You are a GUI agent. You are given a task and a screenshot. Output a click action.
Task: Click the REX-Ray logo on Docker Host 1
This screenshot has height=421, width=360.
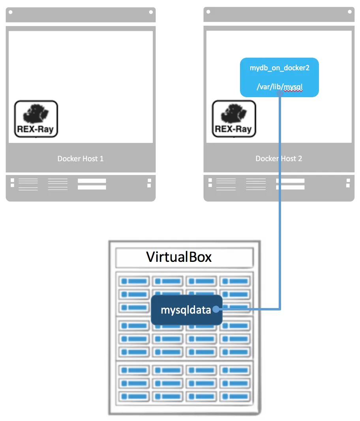36,119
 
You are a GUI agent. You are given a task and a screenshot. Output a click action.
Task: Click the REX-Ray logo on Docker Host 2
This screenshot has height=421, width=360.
234,119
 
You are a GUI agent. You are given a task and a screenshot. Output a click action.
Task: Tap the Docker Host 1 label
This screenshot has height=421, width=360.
81,159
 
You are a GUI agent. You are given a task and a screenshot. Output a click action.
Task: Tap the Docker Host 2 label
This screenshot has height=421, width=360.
279,159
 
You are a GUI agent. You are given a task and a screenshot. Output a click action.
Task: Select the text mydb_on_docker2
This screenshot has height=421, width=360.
279,68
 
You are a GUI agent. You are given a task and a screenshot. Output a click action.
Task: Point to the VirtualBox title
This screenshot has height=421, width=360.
179,257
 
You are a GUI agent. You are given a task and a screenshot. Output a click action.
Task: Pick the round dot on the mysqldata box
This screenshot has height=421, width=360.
216,310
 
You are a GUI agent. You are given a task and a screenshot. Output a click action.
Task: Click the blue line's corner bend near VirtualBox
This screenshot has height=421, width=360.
280,310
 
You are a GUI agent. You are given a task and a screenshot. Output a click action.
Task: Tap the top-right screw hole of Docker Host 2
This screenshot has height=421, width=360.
349,12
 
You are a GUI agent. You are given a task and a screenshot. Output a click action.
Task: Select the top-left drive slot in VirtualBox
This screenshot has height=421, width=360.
134,282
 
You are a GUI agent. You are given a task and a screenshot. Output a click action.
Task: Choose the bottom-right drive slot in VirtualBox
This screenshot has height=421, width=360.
235,396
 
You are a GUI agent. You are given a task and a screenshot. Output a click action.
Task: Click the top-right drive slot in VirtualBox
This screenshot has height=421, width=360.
235,282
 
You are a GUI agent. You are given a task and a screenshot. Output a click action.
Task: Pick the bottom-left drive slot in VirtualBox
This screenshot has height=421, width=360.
134,396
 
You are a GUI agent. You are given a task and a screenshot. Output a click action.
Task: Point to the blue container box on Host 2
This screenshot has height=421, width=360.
279,77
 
